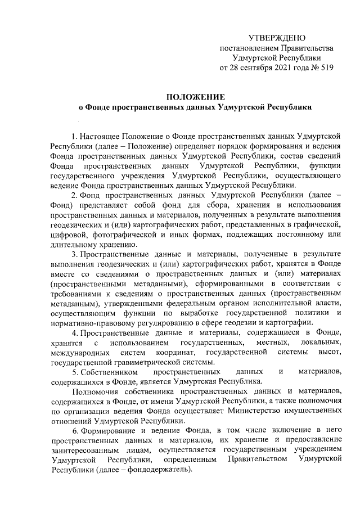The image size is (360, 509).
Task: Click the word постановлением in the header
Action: point(247,48)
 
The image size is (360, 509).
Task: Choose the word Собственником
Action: point(108,372)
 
